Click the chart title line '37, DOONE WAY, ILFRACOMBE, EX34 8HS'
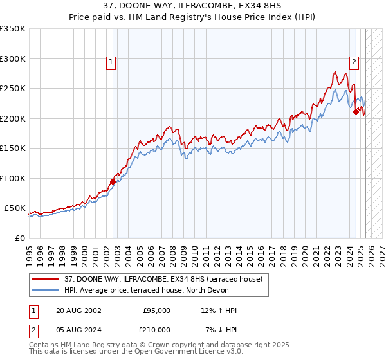coord(193,6)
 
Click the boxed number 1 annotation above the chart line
coord(111,62)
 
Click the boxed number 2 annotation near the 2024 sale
coord(354,62)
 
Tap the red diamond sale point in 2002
coord(113,181)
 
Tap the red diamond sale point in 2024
coord(356,113)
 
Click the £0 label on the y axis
coord(19,238)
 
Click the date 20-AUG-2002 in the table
coord(78,310)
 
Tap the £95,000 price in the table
coord(156,310)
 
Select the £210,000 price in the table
coord(154,330)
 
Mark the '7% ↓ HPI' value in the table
coord(221,330)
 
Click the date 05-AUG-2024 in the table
coord(78,330)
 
